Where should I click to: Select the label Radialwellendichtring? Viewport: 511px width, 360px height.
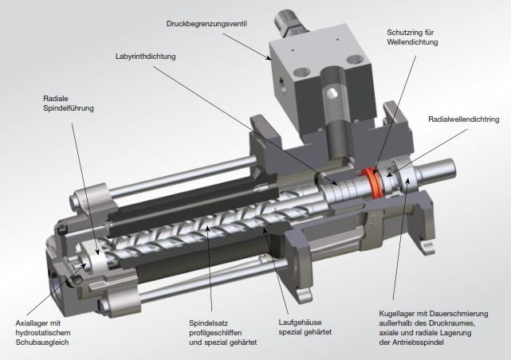(x=463, y=119)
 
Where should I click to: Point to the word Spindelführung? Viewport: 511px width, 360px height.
(x=70, y=109)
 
